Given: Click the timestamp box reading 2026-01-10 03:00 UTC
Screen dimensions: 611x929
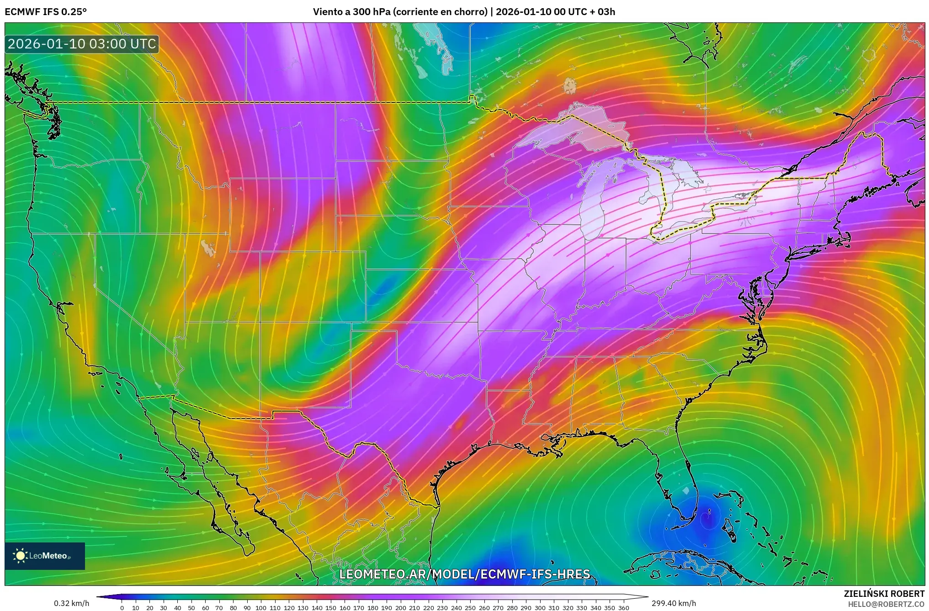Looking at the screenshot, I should click(x=82, y=44).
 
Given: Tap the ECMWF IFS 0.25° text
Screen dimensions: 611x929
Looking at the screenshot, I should click(x=46, y=12).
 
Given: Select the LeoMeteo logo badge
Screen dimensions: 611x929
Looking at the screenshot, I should click(x=45, y=556).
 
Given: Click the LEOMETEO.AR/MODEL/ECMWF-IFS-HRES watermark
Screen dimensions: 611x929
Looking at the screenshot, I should click(x=464, y=574).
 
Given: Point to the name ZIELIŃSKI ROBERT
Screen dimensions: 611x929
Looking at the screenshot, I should click(x=884, y=594).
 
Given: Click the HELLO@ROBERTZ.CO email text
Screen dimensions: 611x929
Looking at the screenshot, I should click(x=886, y=604).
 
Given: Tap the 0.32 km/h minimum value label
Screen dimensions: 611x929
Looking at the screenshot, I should click(x=71, y=603).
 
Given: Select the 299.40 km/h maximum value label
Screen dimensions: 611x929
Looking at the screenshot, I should click(x=674, y=603).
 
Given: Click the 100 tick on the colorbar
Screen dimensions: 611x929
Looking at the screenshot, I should click(x=261, y=608).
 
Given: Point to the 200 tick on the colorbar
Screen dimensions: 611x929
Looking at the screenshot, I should click(x=400, y=608).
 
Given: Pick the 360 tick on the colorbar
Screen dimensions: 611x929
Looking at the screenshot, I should click(x=623, y=608).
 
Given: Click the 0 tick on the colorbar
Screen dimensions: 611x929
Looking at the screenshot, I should click(x=122, y=608).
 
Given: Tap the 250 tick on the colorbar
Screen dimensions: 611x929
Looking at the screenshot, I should click(x=470, y=608).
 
